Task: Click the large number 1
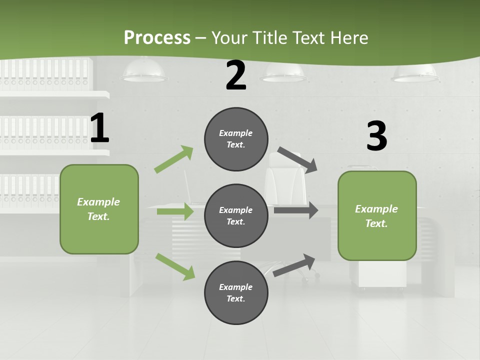[99, 128]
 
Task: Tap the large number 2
[236, 75]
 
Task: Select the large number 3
[376, 136]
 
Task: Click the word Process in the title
[157, 37]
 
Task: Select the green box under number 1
[99, 209]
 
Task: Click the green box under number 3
[377, 215]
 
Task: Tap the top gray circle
[236, 139]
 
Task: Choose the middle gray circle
[236, 215]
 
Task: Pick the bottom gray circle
[236, 292]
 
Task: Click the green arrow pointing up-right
[174, 159]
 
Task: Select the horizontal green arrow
[175, 211]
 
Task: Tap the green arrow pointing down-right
[175, 266]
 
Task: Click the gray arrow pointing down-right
[297, 160]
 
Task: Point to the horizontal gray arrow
[295, 210]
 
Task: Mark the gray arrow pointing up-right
[294, 265]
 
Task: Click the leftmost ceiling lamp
[144, 73]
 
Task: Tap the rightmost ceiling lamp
[415, 74]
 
